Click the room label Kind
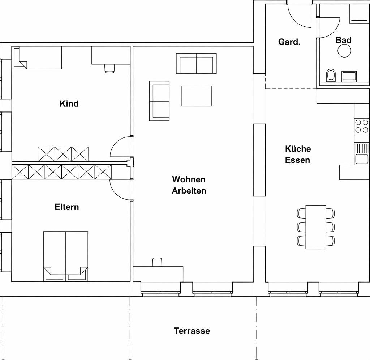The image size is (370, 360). [69, 104]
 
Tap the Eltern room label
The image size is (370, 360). [67, 207]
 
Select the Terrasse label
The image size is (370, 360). [192, 331]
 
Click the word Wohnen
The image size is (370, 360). [189, 179]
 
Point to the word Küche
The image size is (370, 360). [298, 149]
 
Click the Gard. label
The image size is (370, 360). [289, 42]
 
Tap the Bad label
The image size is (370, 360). [344, 40]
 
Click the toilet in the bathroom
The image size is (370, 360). [331, 76]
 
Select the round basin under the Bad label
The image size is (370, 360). [344, 51]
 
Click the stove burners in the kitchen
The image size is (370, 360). [362, 126]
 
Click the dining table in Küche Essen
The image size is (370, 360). [316, 227]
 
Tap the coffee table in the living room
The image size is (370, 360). [196, 96]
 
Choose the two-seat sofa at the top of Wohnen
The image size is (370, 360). [196, 64]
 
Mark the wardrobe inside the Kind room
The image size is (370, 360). [63, 154]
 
